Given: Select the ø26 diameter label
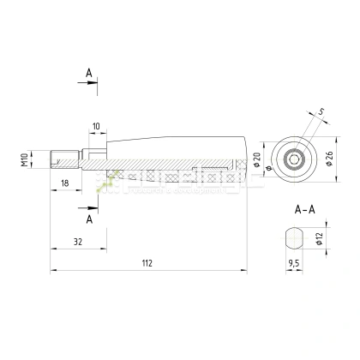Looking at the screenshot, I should (328, 159).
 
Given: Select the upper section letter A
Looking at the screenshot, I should (88, 74).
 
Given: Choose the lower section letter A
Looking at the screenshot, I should (88, 219).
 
